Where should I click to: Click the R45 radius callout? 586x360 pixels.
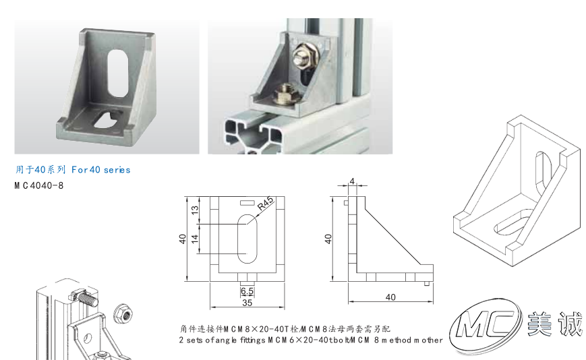[266, 204]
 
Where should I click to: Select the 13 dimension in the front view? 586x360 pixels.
[195, 210]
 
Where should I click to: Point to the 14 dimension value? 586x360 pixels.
[195, 239]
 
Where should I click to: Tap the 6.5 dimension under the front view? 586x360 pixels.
[247, 291]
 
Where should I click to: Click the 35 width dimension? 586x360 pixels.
[247, 303]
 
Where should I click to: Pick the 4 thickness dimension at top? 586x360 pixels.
[352, 181]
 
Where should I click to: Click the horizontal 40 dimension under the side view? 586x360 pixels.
[390, 297]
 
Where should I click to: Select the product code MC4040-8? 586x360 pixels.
[39, 185]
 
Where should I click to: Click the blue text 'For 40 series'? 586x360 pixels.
[101, 170]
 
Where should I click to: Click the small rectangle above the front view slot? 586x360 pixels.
[247, 203]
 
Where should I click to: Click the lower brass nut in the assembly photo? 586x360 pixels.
[285, 94]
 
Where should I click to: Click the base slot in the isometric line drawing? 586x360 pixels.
[513, 222]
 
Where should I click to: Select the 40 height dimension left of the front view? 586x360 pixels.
[182, 239]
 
